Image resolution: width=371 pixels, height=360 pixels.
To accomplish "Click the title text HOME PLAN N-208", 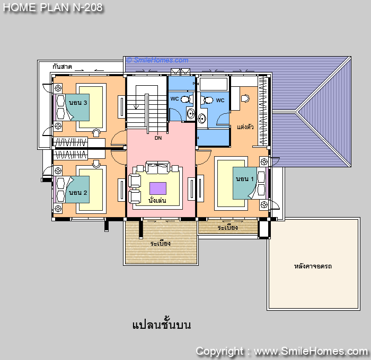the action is click(52, 7).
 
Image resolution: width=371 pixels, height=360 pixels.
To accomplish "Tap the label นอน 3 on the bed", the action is click(78, 103).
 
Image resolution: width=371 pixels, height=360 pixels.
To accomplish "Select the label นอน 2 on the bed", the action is click(78, 193).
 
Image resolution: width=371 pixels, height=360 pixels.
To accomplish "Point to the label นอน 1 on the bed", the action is click(245, 179).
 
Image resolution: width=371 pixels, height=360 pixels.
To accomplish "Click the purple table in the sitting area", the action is click(158, 188).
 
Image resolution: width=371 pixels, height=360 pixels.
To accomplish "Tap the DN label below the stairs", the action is click(158, 138).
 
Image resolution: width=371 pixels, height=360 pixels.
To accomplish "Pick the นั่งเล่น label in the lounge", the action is click(157, 201).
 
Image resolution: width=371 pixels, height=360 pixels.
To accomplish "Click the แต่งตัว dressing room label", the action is click(245, 127).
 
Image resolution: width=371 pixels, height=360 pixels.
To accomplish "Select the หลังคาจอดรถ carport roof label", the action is click(313, 266).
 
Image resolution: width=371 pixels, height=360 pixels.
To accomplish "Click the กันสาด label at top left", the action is click(62, 66).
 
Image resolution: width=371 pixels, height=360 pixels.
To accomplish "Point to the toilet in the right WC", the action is click(207, 100).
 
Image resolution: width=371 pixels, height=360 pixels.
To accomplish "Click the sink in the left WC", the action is click(191, 114).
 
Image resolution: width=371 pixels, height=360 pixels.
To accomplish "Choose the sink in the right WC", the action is click(202, 119).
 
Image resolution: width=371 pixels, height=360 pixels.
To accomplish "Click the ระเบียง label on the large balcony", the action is click(161, 243).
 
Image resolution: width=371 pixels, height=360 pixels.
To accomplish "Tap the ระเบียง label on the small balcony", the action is click(227, 228).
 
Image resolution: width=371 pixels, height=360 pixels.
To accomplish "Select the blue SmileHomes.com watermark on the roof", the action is click(157, 60).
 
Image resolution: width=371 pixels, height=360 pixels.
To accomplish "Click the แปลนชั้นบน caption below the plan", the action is click(161, 325).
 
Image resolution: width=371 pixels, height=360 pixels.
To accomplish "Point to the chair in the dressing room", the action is click(245, 98).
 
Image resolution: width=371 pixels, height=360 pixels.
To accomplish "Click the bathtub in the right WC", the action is click(214, 84).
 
